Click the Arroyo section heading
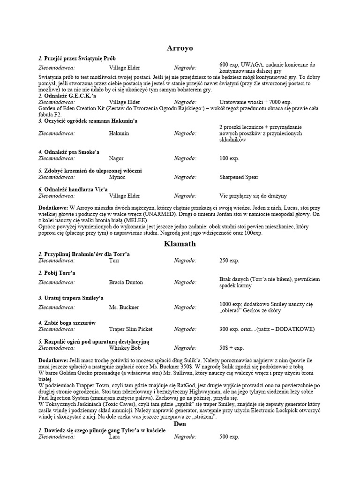pyautogui.click(x=180, y=48)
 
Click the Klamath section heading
pyautogui.click(x=180, y=244)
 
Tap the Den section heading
pyautogui.click(x=180, y=423)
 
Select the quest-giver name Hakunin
pyautogui.click(x=119, y=134)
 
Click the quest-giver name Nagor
pyautogui.click(x=116, y=158)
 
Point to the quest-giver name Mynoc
pyautogui.click(x=117, y=177)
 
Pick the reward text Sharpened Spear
pyautogui.click(x=239, y=177)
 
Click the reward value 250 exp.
pyautogui.click(x=229, y=260)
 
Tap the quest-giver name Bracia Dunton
pyautogui.click(x=126, y=282)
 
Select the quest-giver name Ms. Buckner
pyautogui.click(x=124, y=307)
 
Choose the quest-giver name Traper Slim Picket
pyautogui.click(x=131, y=329)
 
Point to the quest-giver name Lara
pyautogui.click(x=114, y=437)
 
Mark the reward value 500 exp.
pyautogui.click(x=229, y=437)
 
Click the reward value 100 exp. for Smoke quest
pyautogui.click(x=229, y=158)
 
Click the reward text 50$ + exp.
pyautogui.click(x=232, y=348)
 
